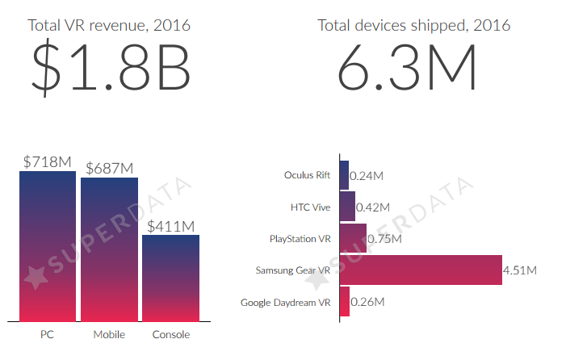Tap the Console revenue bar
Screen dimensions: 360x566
pos(170,278)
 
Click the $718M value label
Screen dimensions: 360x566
pos(47,161)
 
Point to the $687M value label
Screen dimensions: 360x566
pos(109,168)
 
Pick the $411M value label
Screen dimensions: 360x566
pos(170,225)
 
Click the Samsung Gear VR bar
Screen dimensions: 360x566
pos(421,270)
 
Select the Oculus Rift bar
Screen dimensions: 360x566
pos(345,175)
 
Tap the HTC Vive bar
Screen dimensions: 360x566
pos(348,207)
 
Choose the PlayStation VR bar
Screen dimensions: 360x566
pos(354,238)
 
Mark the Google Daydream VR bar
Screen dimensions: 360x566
pos(345,302)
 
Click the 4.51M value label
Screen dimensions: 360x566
pos(519,270)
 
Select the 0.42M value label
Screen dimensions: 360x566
pos(373,207)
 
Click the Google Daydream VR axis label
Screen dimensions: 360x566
pos(286,303)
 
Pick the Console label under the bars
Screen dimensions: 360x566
pos(170,334)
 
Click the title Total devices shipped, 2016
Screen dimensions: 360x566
pos(414,25)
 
